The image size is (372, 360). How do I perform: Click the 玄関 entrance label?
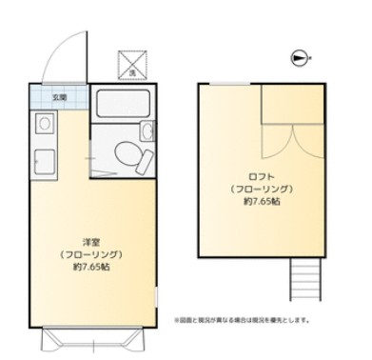(58, 97)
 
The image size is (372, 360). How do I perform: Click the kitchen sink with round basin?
(43, 124)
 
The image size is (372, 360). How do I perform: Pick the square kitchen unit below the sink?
(42, 159)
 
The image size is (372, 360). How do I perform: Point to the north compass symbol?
(302, 58)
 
